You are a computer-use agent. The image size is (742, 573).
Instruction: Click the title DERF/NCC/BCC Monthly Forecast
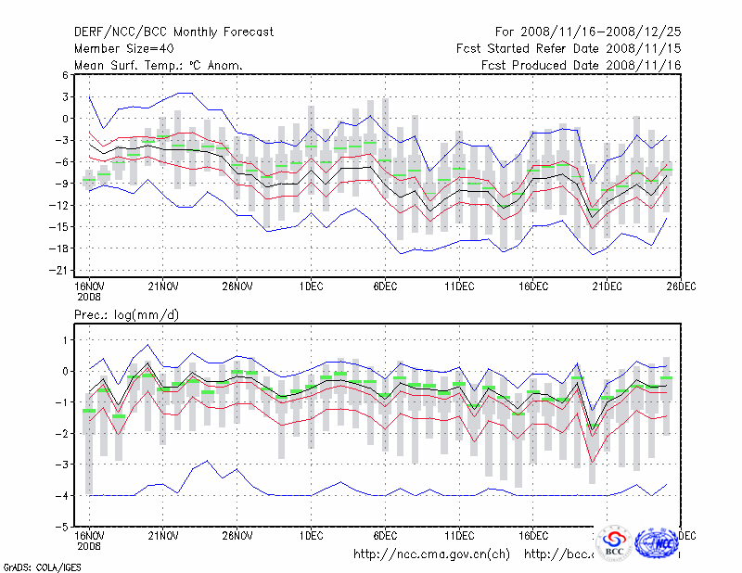pyautogui.click(x=173, y=32)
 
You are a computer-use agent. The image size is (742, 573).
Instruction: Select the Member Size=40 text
pyautogui.click(x=120, y=48)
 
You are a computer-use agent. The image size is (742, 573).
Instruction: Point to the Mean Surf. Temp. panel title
pyautogui.click(x=158, y=65)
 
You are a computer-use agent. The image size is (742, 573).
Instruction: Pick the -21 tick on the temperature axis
pyautogui.click(x=62, y=270)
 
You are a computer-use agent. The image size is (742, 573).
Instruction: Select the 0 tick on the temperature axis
pyautogui.click(x=66, y=118)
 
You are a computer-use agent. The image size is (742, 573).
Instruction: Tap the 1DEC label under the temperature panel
pyautogui.click(x=311, y=286)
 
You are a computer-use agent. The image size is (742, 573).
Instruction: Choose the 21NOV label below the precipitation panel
pyautogui.click(x=163, y=535)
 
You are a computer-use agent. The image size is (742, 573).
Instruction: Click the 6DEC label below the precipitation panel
pyautogui.click(x=385, y=535)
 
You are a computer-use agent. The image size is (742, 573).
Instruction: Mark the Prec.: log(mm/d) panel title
pyautogui.click(x=125, y=316)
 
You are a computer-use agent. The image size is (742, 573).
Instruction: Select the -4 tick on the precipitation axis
pyautogui.click(x=62, y=495)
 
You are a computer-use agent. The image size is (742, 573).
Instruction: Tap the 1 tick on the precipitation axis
pyautogui.click(x=66, y=340)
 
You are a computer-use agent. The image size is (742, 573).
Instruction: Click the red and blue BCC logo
pyautogui.click(x=613, y=543)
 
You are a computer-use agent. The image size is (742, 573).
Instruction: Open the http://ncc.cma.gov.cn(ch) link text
pyautogui.click(x=432, y=554)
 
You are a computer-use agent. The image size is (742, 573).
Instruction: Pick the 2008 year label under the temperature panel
pyautogui.click(x=88, y=298)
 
